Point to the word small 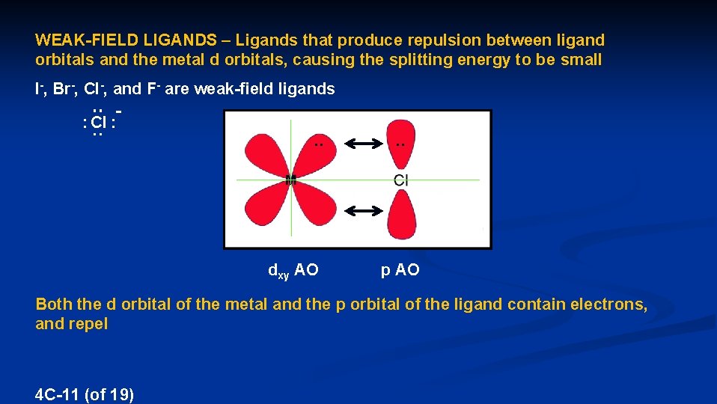pos(581,61)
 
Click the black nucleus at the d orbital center pos(291,180)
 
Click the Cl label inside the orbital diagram pos(401,180)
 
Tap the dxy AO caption pos(293,271)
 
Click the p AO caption pos(400,271)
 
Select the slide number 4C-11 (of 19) pos(85,394)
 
